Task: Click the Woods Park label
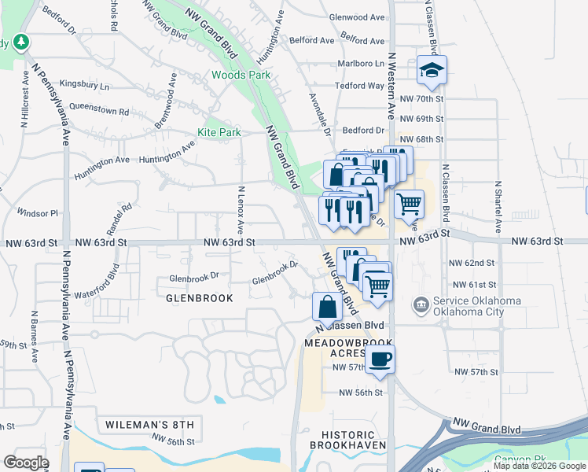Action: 241,76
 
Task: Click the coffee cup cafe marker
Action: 380,360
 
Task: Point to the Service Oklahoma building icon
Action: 422,304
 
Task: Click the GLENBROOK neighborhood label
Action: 200,299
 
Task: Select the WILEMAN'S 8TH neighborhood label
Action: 149,425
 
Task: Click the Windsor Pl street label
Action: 38,213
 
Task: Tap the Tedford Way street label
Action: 359,86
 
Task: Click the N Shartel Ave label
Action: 498,206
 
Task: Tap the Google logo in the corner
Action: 26,463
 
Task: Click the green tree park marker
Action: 24,42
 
